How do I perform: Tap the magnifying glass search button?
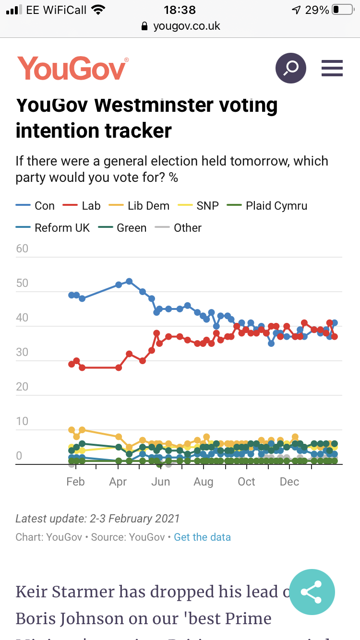[x=290, y=68]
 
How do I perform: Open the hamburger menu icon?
[x=332, y=68]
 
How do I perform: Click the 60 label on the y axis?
[x=22, y=249]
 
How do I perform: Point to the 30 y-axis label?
[x=22, y=352]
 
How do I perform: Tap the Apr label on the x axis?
[x=118, y=482]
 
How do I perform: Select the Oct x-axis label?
[x=246, y=482]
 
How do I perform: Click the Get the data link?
[x=202, y=537]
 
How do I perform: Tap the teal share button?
[x=312, y=592]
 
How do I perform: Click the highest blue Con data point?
[x=129, y=281]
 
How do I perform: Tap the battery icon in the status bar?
[x=342, y=10]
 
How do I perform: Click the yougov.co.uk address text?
[x=186, y=26]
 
